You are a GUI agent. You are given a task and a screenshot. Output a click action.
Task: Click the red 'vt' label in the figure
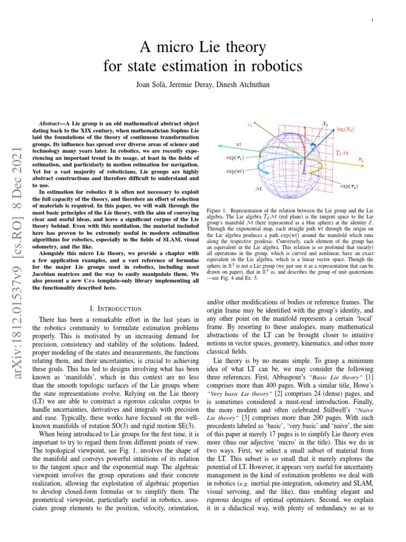pos(238,143)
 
